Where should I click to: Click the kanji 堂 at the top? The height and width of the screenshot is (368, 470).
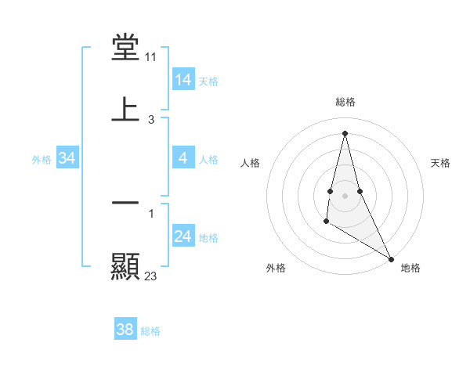click(125, 48)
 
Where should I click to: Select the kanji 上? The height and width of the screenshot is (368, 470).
click(125, 109)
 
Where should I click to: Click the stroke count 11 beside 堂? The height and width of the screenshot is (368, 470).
click(151, 57)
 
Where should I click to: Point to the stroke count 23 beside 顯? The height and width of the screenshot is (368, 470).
click(151, 276)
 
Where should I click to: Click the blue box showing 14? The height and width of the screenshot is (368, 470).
click(183, 80)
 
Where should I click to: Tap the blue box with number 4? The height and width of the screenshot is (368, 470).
click(183, 158)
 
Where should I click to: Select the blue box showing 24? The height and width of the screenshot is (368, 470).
click(183, 236)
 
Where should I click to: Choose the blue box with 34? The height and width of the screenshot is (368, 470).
click(67, 158)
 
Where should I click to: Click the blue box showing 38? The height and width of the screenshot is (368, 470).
click(125, 330)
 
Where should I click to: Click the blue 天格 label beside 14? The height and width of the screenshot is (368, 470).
click(208, 81)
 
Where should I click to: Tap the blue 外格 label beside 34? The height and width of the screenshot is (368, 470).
click(42, 159)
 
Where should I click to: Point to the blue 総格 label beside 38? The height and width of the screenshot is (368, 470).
click(150, 330)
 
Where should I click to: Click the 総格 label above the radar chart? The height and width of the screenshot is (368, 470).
click(345, 102)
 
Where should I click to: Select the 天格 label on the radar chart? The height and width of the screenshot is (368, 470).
click(441, 163)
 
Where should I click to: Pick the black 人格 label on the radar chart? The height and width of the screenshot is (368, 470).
click(250, 163)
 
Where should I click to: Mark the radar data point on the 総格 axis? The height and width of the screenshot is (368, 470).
click(345, 132)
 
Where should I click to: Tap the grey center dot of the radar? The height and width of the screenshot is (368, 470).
click(345, 195)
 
